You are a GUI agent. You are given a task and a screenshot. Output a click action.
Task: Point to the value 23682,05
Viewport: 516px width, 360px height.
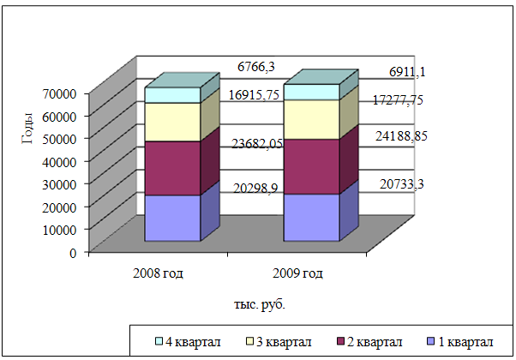258,143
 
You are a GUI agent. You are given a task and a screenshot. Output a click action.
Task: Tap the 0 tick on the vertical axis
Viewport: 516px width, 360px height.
75,253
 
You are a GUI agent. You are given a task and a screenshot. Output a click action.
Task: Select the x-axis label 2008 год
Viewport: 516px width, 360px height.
159,274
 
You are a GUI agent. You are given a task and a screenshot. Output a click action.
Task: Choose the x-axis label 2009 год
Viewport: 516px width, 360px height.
298,274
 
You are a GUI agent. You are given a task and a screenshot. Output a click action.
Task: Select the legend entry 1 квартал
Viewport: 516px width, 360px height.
463,343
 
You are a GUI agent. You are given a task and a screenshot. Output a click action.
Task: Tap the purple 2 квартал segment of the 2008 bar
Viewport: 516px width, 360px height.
172,168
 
